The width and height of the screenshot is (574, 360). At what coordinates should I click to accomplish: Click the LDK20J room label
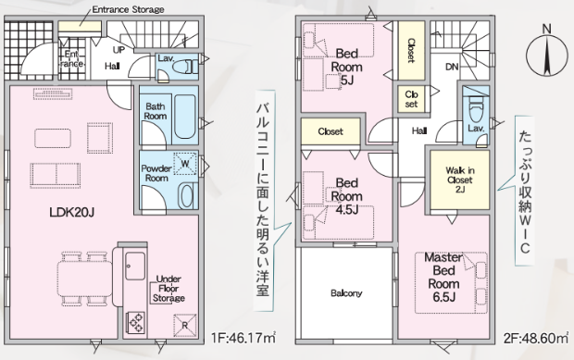(72, 212)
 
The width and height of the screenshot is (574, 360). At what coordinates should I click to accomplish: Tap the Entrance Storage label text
(128, 9)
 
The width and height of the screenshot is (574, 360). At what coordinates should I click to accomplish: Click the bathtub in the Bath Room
(185, 117)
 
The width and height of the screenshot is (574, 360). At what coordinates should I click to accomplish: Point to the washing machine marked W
(185, 164)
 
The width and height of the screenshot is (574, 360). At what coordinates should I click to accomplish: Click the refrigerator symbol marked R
(185, 325)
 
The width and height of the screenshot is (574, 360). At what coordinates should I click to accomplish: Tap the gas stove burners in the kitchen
(135, 322)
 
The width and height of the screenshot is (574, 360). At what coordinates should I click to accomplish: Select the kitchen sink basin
(135, 266)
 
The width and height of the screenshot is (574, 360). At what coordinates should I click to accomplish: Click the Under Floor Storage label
(168, 289)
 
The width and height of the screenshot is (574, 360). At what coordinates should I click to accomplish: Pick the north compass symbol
(546, 54)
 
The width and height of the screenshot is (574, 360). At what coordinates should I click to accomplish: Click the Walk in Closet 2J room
(460, 180)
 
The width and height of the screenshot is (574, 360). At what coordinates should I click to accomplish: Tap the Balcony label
(346, 293)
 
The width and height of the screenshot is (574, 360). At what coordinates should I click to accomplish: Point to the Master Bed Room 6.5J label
(443, 278)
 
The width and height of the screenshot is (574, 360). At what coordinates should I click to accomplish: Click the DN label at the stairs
(452, 67)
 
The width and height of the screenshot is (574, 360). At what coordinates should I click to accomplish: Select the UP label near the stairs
(119, 49)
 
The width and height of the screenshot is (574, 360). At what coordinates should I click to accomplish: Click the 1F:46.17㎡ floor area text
(243, 338)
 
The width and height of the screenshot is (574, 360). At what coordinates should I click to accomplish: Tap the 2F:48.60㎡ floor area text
(535, 338)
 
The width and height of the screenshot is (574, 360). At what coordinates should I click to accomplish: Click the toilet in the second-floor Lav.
(476, 108)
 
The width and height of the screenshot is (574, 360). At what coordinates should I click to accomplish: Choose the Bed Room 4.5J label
(346, 196)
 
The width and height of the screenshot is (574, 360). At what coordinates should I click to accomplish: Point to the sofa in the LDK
(56, 175)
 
